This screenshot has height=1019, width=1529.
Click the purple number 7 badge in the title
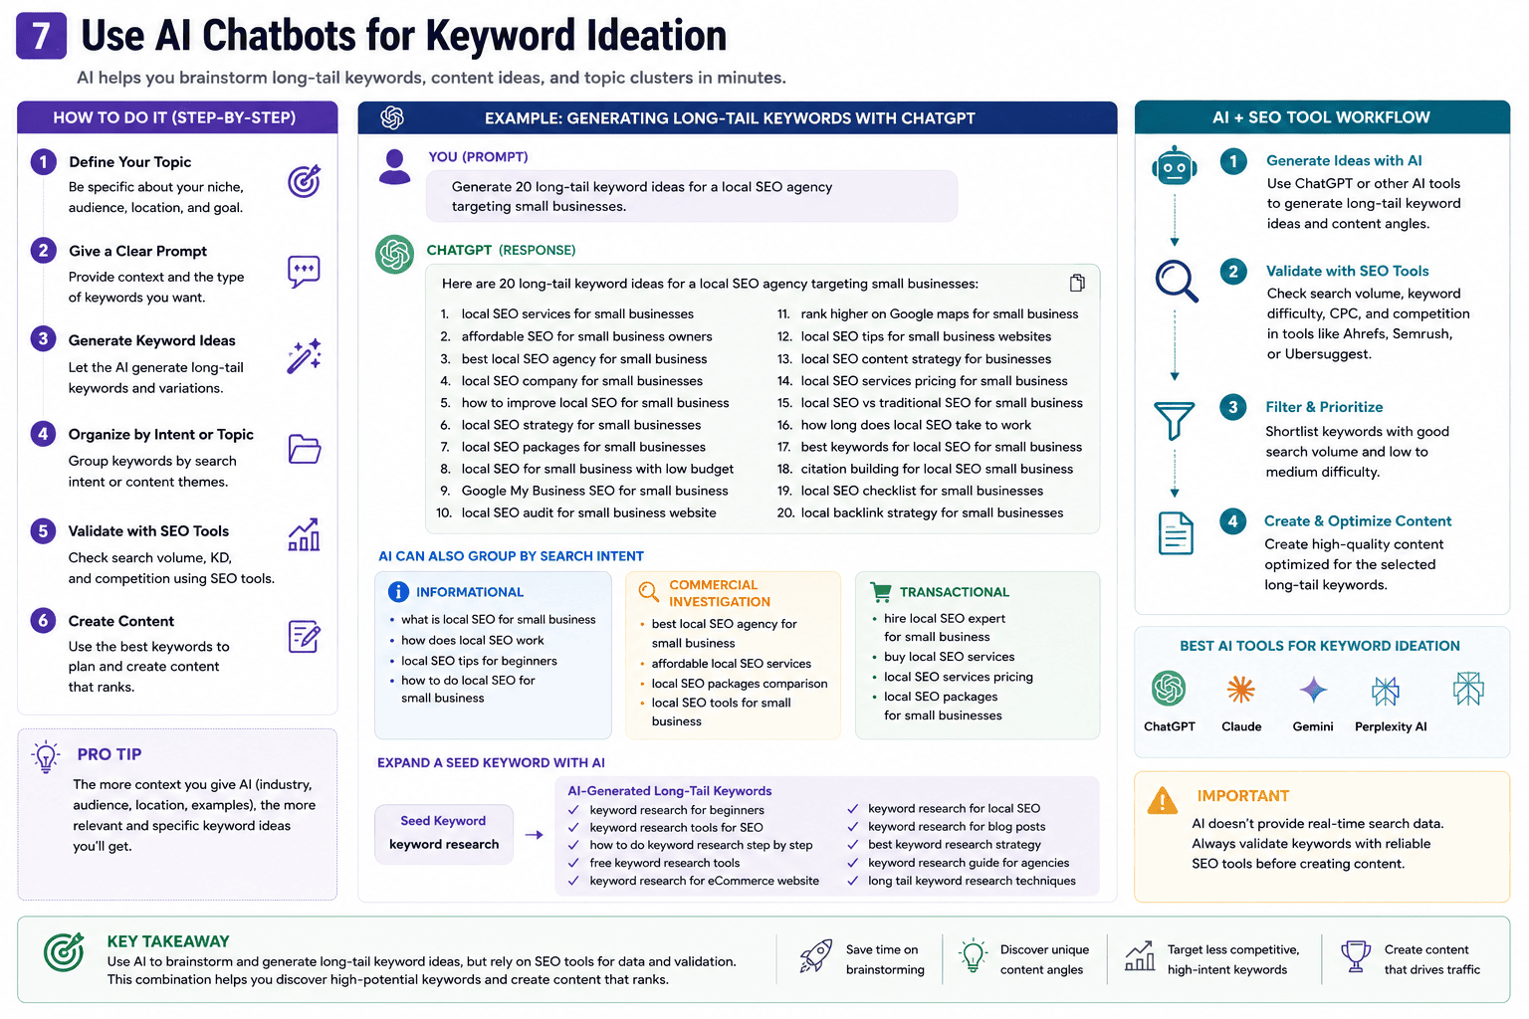coord(41,36)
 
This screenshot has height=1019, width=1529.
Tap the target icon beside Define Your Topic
coord(304,181)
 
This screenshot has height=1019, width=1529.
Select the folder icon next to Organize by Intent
coord(305,449)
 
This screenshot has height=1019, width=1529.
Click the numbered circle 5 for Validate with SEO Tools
coord(43,531)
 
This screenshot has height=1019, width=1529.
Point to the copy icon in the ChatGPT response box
coord(1077,283)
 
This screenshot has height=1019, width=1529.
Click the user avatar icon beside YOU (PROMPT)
coord(394,167)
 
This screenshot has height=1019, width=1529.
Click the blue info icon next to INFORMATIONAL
coord(398,592)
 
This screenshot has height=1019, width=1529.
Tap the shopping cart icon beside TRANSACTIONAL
coord(881,592)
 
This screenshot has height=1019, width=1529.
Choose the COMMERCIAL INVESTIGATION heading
coord(720,593)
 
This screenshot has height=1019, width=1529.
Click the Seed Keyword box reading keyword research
coord(444,834)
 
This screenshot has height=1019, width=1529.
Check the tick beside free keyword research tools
coord(573,863)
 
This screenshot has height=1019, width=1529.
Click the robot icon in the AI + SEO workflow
coord(1174,165)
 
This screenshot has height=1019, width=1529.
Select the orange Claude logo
coord(1240,690)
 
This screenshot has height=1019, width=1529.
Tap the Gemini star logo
coord(1313,690)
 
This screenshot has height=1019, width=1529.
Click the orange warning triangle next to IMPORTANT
coord(1162,801)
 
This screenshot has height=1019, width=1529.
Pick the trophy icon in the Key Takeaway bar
coord(1356,955)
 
